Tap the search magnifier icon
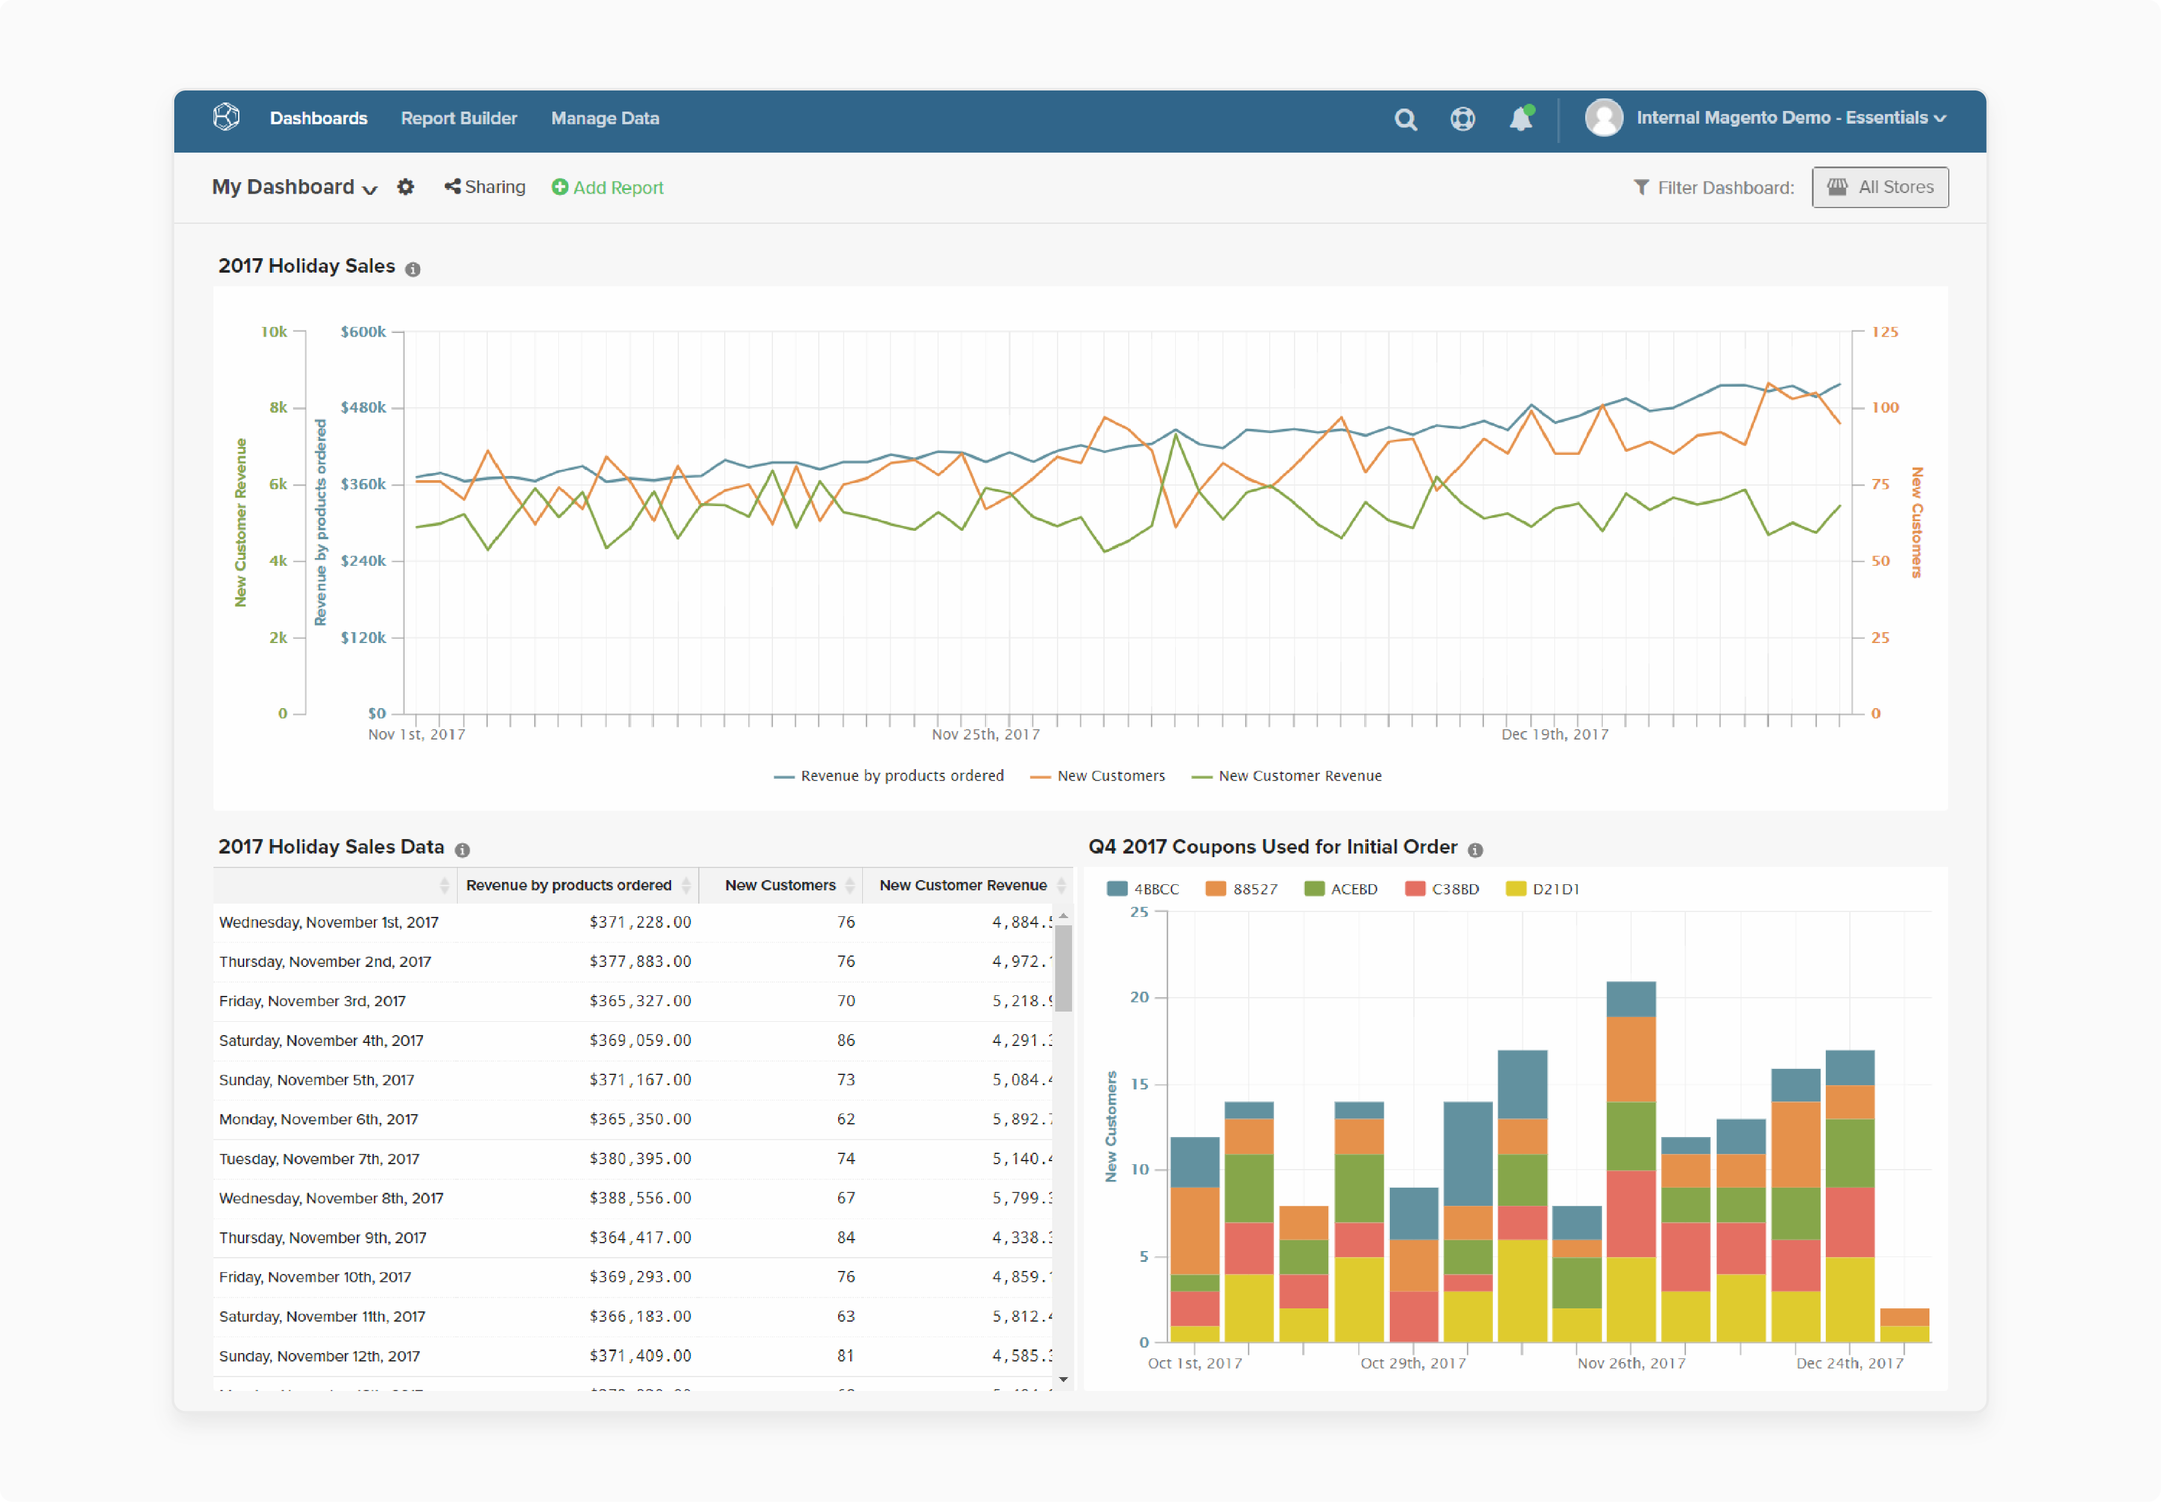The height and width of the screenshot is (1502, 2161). (1405, 119)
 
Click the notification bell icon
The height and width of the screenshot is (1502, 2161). (1520, 119)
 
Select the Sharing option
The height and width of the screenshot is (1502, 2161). (485, 186)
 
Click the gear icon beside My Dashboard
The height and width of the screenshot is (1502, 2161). (405, 186)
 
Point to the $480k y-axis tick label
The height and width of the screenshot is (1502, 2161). (363, 408)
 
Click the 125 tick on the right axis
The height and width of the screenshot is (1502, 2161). (1884, 331)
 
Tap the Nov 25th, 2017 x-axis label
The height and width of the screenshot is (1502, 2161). (985, 734)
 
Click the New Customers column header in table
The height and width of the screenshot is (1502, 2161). (780, 885)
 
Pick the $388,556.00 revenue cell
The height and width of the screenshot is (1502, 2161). (640, 1198)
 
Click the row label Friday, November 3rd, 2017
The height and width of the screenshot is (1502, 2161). (312, 1000)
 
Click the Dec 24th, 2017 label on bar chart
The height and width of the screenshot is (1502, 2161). (1849, 1363)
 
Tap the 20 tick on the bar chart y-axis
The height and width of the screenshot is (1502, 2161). (1138, 997)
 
